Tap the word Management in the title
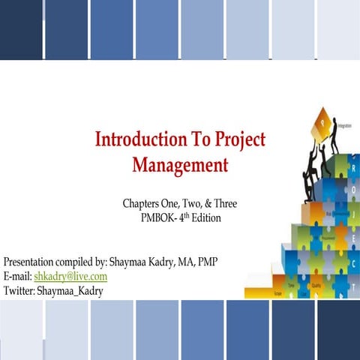180,164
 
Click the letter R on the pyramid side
353,169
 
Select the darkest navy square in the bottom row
338,330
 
